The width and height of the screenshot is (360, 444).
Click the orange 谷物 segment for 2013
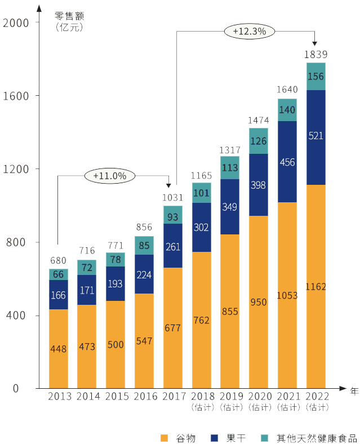tap(59, 348)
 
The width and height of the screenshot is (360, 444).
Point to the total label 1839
tap(315, 55)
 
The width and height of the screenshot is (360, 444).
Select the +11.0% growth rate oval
tap(110, 176)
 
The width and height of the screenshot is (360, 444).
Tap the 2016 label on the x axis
tap(144, 396)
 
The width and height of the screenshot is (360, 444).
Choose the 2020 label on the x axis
tap(259, 396)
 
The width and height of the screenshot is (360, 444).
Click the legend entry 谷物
tap(180, 438)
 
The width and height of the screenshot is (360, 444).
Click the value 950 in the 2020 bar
tap(259, 302)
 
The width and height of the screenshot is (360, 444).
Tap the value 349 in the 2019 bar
tap(230, 207)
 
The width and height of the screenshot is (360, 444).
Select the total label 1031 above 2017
tap(173, 197)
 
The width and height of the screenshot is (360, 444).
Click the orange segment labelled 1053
tap(287, 295)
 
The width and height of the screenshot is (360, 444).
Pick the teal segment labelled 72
tap(87, 267)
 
